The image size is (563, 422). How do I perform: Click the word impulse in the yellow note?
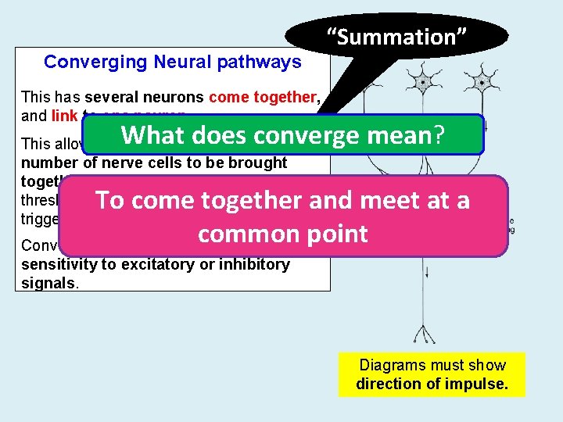pos(479,384)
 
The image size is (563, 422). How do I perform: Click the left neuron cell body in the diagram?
pos(423,81)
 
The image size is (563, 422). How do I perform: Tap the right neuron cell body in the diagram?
pos(483,81)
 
